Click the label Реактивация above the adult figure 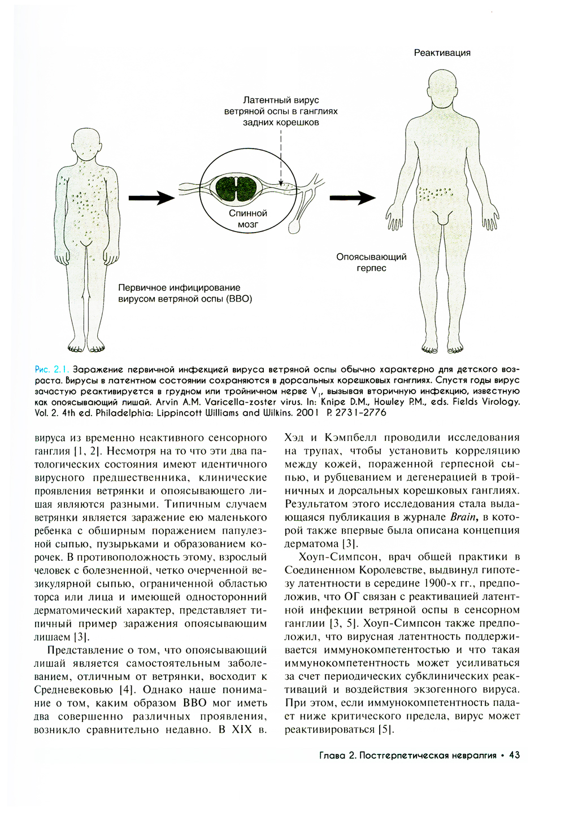pos(442,53)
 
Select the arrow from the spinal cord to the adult pos(352,198)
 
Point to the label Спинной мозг pos(247,219)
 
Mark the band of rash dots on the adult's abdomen pos(434,194)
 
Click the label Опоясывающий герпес pos(371,262)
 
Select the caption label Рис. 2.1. pos(51,369)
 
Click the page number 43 pos(514,755)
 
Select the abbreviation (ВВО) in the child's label pos(238,299)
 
